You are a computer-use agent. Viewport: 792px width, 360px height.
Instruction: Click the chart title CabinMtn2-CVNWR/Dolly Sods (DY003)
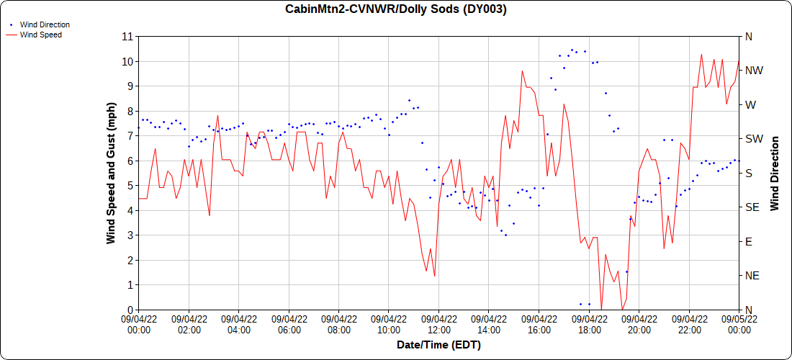(x=396, y=9)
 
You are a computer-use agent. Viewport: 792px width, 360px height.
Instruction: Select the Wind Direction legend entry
(x=45, y=24)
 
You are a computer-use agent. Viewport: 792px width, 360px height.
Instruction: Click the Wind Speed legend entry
(x=40, y=35)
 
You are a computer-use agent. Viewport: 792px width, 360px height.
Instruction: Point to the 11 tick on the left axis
(x=128, y=37)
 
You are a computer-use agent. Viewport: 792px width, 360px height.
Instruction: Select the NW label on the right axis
(x=754, y=71)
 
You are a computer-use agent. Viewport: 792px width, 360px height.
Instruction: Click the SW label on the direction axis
(x=753, y=139)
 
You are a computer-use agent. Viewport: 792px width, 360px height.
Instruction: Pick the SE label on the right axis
(x=751, y=207)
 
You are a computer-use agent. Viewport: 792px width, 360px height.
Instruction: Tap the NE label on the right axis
(x=752, y=276)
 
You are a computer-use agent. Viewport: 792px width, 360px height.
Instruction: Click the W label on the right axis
(x=750, y=105)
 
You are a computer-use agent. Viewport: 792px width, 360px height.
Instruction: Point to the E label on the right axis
(x=748, y=242)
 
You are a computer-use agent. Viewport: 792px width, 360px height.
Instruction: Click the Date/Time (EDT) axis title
(x=438, y=345)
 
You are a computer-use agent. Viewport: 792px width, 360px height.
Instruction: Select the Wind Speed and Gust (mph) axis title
(x=111, y=172)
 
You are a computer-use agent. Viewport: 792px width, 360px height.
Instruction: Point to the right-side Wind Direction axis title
(x=775, y=173)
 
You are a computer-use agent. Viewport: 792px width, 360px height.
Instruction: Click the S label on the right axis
(x=748, y=174)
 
